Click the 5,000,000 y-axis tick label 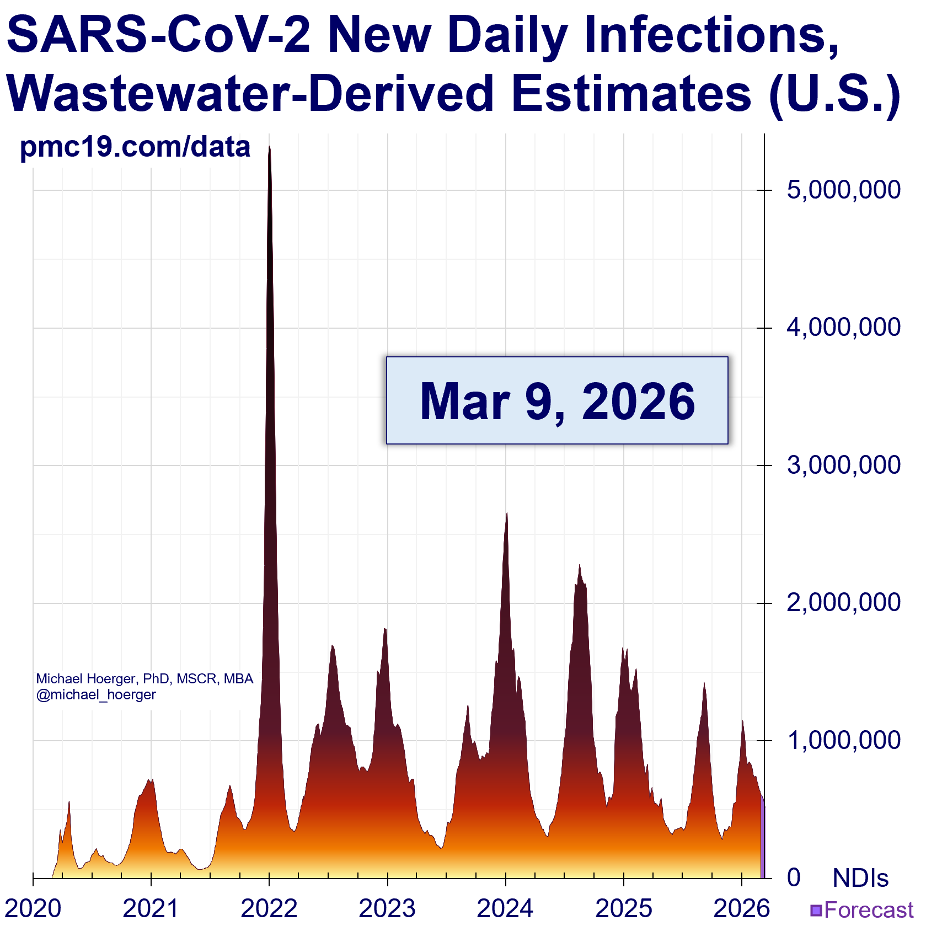[844, 190]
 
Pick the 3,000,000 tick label [844, 465]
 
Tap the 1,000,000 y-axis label [844, 740]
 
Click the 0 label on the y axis [794, 877]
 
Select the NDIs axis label [860, 877]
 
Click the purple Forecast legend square [816, 910]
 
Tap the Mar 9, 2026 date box [557, 400]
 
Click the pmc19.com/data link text [135, 147]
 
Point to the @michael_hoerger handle [96, 694]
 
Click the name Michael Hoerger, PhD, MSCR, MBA [144, 678]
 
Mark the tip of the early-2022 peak [269, 147]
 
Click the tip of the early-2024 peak [506, 513]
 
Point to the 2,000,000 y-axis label [844, 603]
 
